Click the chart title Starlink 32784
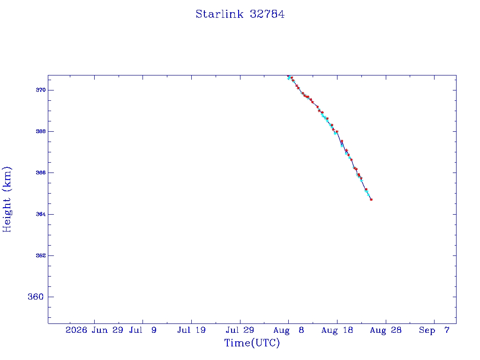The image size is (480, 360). click(x=240, y=14)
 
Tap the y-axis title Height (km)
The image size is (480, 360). click(x=7, y=199)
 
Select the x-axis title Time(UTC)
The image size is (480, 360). click(x=252, y=343)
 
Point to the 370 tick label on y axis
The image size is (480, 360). click(x=41, y=90)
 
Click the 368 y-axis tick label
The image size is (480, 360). click(x=41, y=131)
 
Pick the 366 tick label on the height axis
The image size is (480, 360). click(x=41, y=172)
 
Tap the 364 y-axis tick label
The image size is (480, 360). click(x=41, y=214)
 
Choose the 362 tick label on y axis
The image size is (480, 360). click(x=41, y=255)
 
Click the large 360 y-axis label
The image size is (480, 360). click(x=36, y=297)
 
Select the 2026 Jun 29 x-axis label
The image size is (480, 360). click(x=94, y=330)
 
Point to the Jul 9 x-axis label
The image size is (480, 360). click(x=142, y=330)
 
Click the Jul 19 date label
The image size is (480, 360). click(x=191, y=330)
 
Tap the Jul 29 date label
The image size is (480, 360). click(x=240, y=330)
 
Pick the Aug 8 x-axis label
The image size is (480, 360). click(x=289, y=330)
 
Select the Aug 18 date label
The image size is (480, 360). click(x=337, y=330)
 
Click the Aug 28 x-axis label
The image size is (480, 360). click(x=386, y=330)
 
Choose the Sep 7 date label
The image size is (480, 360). click(x=434, y=330)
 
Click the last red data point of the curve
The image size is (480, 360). click(x=371, y=200)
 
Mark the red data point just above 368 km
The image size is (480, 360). click(x=337, y=132)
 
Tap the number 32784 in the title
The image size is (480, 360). click(x=267, y=14)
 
